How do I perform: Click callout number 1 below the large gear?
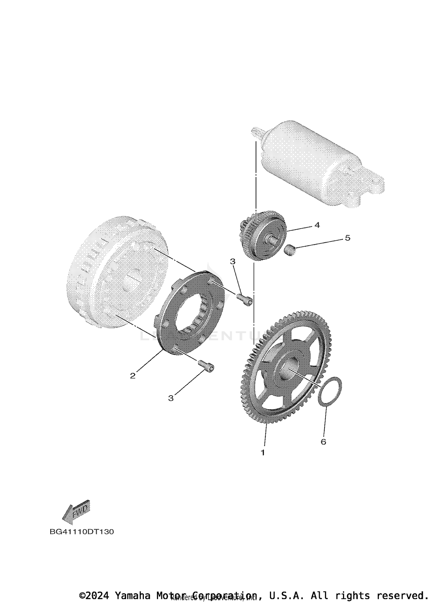point(263,452)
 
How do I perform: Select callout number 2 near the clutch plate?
point(133,376)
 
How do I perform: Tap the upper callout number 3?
point(233,261)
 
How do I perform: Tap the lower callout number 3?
point(171,398)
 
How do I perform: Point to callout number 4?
point(317,225)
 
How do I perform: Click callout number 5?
point(347,238)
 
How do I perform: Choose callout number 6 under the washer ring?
point(323,442)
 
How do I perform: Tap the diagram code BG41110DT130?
point(82,532)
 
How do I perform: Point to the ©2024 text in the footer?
point(94,596)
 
